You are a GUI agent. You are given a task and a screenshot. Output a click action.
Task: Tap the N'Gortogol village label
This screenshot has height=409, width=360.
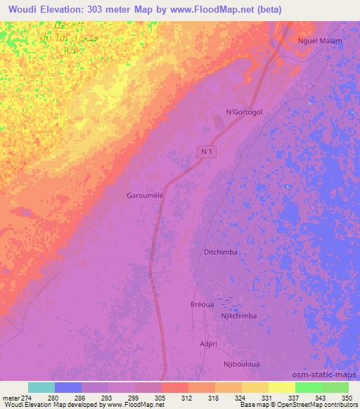(243, 112)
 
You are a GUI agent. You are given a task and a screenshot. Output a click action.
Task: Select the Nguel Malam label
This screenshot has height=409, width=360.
(320, 41)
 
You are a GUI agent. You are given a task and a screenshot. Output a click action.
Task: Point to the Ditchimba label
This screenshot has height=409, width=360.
(221, 252)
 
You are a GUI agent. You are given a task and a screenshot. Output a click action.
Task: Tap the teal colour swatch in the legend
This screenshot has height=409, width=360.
(41, 387)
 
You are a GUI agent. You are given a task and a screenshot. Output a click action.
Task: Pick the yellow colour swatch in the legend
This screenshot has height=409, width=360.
(281, 387)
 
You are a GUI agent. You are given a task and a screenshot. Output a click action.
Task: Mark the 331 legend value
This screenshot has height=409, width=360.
(258, 397)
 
